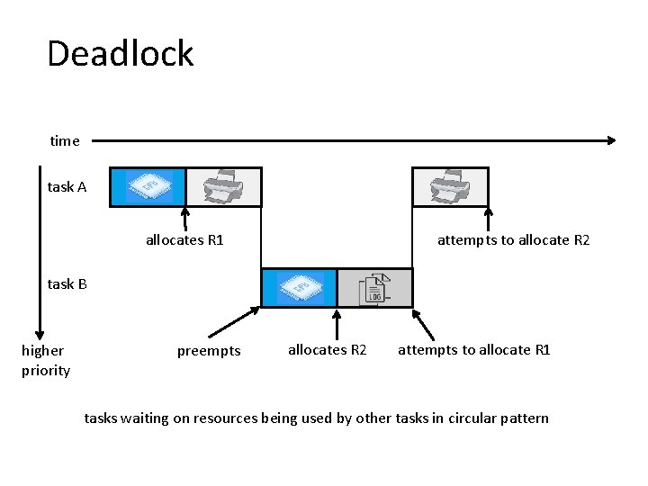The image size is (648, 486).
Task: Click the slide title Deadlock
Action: [120, 54]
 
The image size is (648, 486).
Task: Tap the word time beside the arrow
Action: [65, 140]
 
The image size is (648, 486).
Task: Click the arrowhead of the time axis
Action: [611, 140]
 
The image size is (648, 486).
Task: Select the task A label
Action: [67, 187]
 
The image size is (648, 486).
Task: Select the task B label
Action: [67, 284]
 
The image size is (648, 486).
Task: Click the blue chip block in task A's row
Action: [148, 187]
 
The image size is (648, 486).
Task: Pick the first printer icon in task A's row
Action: [223, 187]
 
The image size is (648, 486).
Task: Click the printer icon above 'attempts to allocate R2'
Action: [450, 187]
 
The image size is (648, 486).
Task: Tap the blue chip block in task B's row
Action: [299, 288]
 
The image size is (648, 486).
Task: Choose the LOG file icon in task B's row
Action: [374, 288]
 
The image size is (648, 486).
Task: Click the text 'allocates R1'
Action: [184, 240]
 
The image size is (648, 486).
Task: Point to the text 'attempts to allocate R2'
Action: [513, 240]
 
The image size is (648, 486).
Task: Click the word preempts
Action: [209, 351]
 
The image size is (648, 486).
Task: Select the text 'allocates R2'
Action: [327, 350]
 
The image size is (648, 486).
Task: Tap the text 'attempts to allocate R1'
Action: [473, 350]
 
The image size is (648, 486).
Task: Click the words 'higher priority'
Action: [45, 360]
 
